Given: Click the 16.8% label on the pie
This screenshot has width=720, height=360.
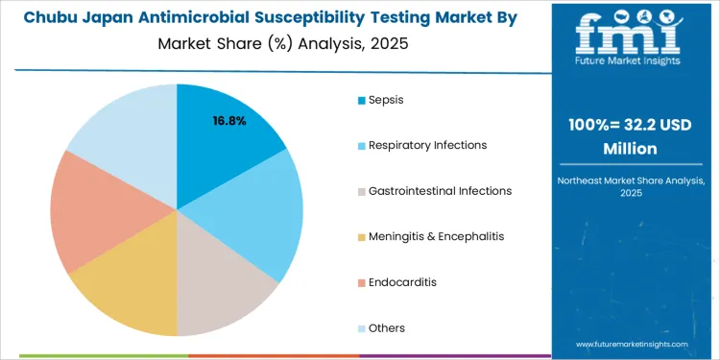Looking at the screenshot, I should tap(230, 121).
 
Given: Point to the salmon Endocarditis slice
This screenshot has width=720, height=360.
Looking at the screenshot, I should tap(91, 211).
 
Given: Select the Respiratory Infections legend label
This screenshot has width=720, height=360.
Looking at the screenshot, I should tap(427, 145).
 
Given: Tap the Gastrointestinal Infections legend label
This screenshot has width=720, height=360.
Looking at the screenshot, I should tap(440, 191).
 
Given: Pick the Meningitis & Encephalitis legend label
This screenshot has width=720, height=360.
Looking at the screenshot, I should tap(436, 236).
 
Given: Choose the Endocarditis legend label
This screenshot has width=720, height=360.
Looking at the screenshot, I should tap(402, 282).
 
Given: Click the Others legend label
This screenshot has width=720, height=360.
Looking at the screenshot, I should tap(387, 328).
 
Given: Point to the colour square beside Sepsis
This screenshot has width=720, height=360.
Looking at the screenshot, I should tap(361, 100).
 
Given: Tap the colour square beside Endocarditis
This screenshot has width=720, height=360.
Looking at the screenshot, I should tap(361, 282).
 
